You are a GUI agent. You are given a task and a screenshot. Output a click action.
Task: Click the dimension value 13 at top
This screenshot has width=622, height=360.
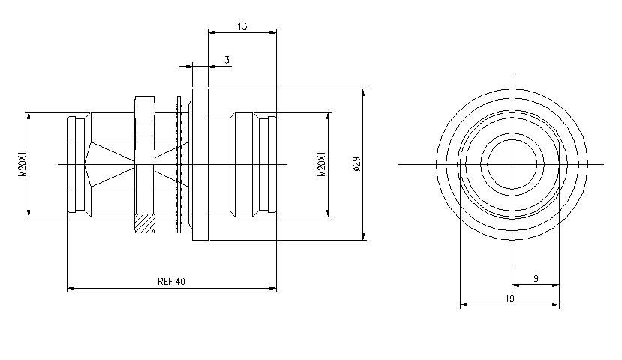coord(242,26)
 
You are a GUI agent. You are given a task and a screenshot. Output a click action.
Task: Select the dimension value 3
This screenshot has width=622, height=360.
coord(227,59)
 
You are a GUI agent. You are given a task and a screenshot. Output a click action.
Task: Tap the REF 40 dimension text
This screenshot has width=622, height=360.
coord(171,282)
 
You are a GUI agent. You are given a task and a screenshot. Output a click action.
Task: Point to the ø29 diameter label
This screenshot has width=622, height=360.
coord(356,164)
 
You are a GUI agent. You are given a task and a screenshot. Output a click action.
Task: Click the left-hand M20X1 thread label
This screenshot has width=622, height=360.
coord(22,164)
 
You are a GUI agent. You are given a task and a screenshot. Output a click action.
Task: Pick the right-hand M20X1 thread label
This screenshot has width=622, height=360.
coord(321,164)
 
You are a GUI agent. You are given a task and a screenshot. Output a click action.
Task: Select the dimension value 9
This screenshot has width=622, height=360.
coord(536,278)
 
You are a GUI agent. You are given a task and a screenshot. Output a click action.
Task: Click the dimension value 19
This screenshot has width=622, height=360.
coord(509,298)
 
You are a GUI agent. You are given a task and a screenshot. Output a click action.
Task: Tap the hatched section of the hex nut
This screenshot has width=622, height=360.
coord(144,223)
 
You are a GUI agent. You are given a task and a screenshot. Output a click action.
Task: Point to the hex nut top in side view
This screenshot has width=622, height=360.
coord(144,104)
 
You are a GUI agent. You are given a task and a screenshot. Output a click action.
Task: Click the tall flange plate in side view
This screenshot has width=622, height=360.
coord(200,164)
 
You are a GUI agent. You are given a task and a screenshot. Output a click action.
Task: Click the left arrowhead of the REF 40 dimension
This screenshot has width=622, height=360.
coord(71,288)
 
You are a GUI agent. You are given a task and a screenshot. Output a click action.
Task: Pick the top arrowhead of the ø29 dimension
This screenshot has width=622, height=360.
coord(364,92)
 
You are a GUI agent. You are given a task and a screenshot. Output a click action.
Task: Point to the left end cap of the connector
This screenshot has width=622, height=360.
coord(72,164)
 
